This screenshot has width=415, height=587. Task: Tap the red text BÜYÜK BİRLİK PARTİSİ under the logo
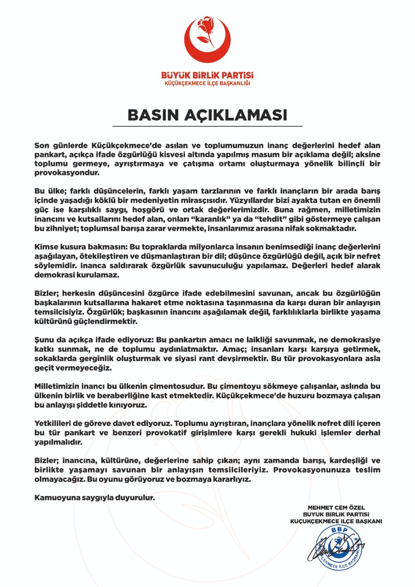coord(207,75)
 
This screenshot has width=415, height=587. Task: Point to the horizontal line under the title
coord(207,126)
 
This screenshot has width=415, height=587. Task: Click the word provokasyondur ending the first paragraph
coord(67,173)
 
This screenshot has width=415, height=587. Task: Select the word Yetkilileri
coord(55,423)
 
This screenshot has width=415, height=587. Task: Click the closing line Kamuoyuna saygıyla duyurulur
coord(95,498)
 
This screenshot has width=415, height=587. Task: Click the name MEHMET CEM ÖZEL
coord(336,508)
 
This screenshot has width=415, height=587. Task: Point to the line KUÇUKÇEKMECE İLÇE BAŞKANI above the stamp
coord(336,521)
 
